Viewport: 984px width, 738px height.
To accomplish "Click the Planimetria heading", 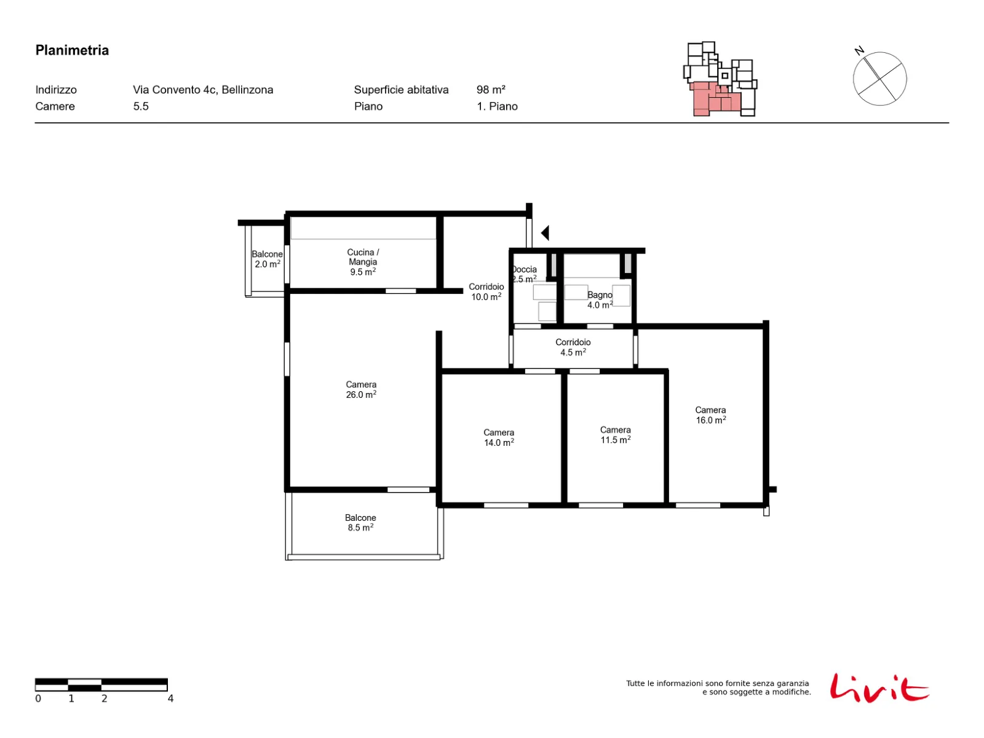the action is point(72,50).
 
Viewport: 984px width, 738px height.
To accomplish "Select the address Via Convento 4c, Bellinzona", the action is point(202,90).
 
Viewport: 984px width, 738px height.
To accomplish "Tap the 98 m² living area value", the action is point(490,90).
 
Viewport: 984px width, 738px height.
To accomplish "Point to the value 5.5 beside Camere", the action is point(141,106).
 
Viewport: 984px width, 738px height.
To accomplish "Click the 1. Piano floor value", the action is point(497,106).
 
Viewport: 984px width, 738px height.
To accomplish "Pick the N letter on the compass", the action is point(859,50).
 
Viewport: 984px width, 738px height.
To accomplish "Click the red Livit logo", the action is point(879,687).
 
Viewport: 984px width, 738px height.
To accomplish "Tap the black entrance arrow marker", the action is point(545,232).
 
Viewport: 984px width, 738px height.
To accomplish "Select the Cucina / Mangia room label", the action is point(362,262).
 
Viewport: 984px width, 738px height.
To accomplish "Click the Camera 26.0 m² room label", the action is point(360,389).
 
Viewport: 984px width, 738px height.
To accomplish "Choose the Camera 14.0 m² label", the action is point(498,437).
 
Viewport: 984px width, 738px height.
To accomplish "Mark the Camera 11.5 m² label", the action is point(615,434).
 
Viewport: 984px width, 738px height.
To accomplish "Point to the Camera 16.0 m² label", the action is point(710,415).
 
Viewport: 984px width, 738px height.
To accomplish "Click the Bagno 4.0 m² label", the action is point(600,300).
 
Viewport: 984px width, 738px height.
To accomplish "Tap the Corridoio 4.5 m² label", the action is point(573,347).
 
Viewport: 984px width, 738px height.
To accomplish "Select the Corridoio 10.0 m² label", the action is point(486,292).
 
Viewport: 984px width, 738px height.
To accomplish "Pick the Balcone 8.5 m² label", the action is point(360,522).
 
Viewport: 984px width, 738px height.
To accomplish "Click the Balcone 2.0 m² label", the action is point(267,258).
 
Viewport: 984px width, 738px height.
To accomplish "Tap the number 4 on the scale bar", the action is point(170,698).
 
